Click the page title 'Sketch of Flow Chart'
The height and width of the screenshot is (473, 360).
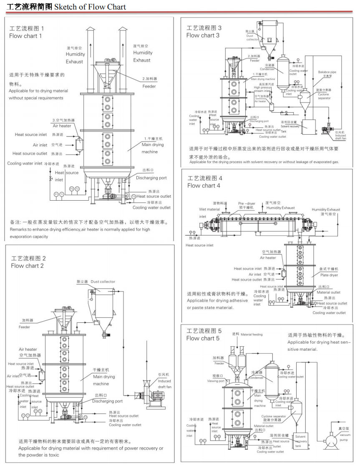coord(90,7)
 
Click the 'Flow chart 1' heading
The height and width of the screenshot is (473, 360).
coord(25,36)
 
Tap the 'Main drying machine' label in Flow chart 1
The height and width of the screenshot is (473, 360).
coord(153,148)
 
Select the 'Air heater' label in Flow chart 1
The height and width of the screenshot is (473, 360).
coord(62,126)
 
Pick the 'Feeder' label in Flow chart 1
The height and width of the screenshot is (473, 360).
coord(149,86)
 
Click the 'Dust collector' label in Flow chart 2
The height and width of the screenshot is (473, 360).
coord(103,282)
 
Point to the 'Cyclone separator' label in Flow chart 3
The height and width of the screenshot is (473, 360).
coord(324,96)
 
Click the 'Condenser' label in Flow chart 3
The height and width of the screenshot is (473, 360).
coord(267,69)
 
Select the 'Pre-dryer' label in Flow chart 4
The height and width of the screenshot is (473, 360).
coord(246,204)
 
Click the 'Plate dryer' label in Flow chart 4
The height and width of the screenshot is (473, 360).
coord(329,275)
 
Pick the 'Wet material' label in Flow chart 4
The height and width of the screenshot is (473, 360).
coord(209,209)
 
